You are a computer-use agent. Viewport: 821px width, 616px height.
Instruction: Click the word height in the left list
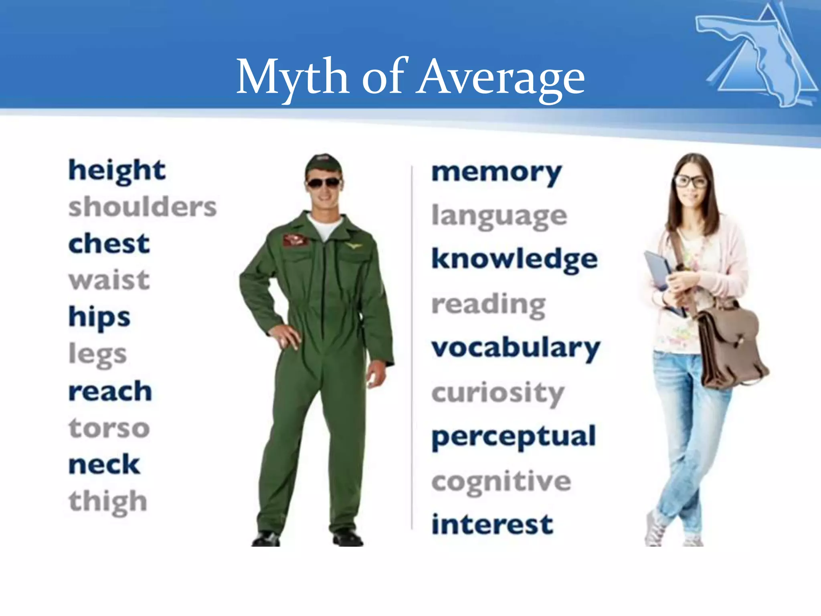(117, 171)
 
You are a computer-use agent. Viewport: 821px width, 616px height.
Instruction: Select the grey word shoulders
(142, 207)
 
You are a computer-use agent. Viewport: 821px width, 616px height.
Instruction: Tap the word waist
(109, 280)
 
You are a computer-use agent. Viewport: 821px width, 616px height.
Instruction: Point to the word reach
(110, 391)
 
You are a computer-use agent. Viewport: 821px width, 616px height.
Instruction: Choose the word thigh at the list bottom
(108, 502)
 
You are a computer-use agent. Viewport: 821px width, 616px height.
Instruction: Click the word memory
(496, 173)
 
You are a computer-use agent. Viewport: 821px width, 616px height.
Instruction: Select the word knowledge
(514, 259)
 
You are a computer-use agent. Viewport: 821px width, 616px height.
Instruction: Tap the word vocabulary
(516, 348)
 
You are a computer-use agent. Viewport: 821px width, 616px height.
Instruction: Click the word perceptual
(514, 437)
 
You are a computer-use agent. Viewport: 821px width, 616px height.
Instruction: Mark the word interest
(492, 524)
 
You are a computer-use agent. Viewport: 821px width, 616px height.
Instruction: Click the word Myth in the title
(292, 77)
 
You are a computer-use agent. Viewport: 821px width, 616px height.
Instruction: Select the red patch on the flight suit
(295, 240)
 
